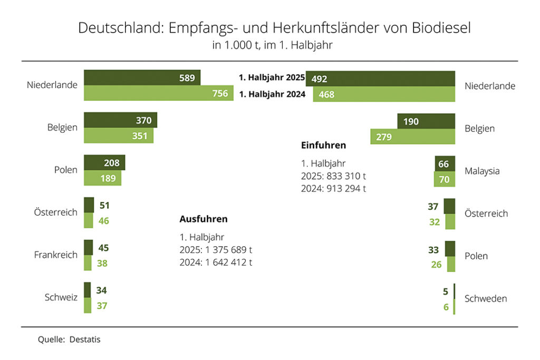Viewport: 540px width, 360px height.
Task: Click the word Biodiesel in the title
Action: click(435, 28)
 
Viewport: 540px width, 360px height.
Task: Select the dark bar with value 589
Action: click(142, 78)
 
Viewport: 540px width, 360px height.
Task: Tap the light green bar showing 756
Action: click(158, 93)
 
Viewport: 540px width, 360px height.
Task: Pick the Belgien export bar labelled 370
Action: click(120, 120)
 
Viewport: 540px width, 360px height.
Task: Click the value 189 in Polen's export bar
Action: click(108, 178)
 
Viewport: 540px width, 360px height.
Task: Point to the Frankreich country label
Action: click(55, 255)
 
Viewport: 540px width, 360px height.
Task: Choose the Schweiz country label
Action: click(61, 297)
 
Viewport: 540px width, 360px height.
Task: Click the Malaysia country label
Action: click(482, 171)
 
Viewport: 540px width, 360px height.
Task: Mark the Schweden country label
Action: click(486, 299)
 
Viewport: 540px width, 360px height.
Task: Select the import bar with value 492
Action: click(380, 79)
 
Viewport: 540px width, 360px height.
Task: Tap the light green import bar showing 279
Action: click(412, 137)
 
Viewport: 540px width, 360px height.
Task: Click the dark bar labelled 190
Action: click(426, 122)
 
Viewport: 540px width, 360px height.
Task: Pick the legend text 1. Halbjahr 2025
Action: click(272, 78)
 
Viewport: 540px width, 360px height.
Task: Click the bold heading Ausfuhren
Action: click(203, 219)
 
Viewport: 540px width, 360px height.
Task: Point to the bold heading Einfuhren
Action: click(323, 145)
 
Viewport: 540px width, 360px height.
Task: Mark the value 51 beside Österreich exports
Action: click(104, 206)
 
